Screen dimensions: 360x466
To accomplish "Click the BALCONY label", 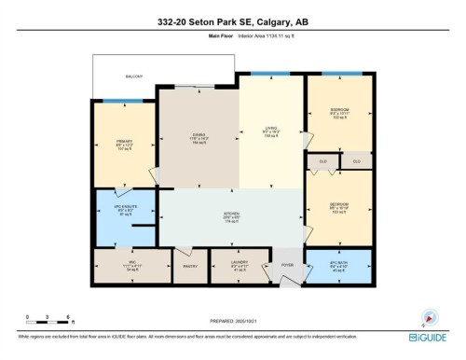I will point(135,76).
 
